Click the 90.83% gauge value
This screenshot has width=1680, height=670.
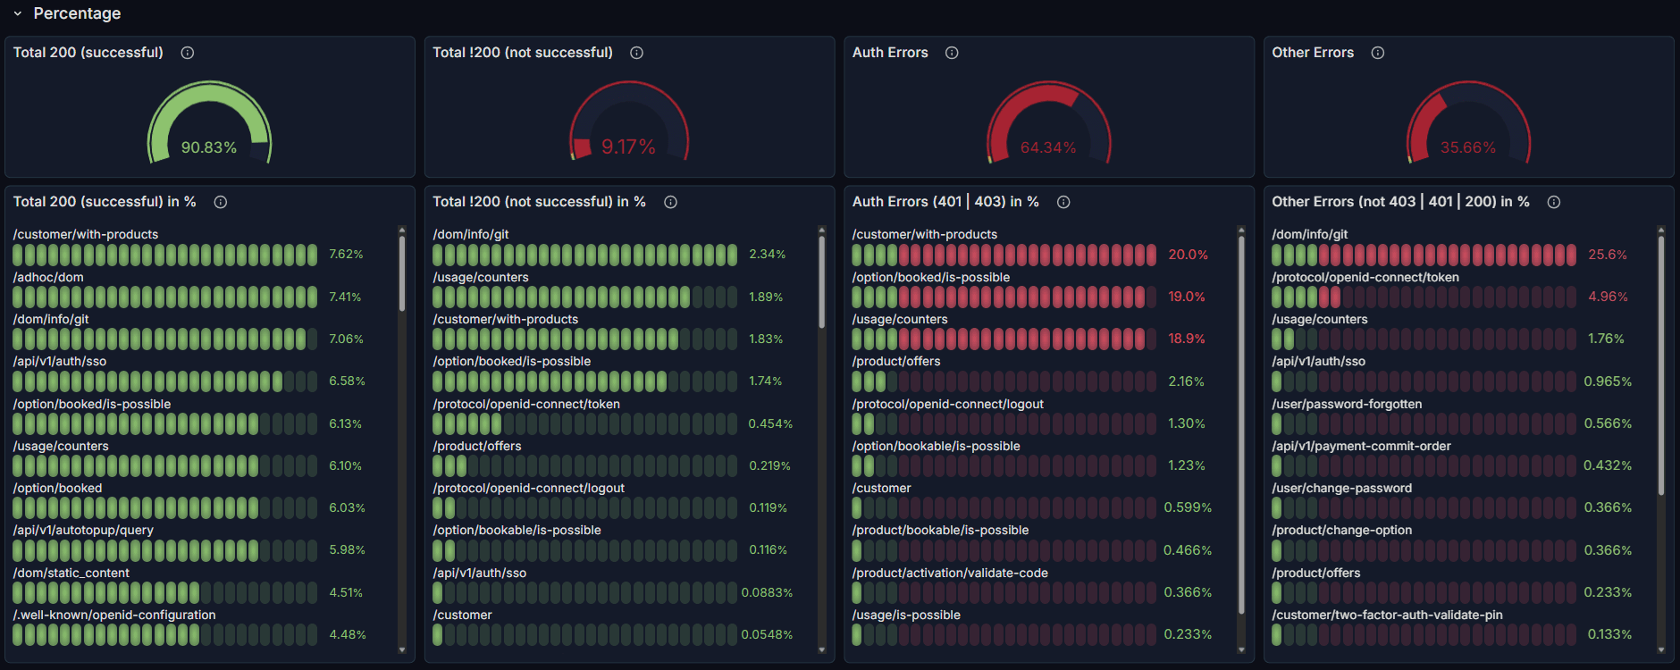(209, 147)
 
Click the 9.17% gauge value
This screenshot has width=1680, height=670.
(628, 147)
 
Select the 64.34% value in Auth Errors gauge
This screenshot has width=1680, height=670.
(1048, 147)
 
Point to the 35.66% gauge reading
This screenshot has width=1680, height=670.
(1467, 147)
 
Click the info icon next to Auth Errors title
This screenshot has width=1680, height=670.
(952, 53)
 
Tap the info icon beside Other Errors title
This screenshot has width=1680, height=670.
(1377, 53)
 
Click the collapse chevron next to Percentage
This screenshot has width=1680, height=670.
(17, 13)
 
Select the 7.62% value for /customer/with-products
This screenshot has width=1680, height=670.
(346, 255)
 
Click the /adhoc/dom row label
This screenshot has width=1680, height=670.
(48, 277)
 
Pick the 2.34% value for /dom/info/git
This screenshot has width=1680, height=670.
(767, 255)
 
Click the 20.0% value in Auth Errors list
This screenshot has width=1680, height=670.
(1188, 255)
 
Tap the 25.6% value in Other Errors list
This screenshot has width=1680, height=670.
(1607, 255)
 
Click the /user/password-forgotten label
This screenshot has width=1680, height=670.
(1346, 404)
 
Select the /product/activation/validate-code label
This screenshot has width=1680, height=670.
(949, 573)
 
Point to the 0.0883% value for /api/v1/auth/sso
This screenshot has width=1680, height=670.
(767, 592)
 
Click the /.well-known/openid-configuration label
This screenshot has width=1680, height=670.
(114, 615)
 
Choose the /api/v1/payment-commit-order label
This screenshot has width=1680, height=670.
(1361, 446)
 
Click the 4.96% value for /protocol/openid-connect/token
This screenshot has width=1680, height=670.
(1607, 297)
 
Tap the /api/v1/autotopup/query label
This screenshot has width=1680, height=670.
(83, 530)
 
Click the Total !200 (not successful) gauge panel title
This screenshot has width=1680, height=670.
(522, 53)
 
